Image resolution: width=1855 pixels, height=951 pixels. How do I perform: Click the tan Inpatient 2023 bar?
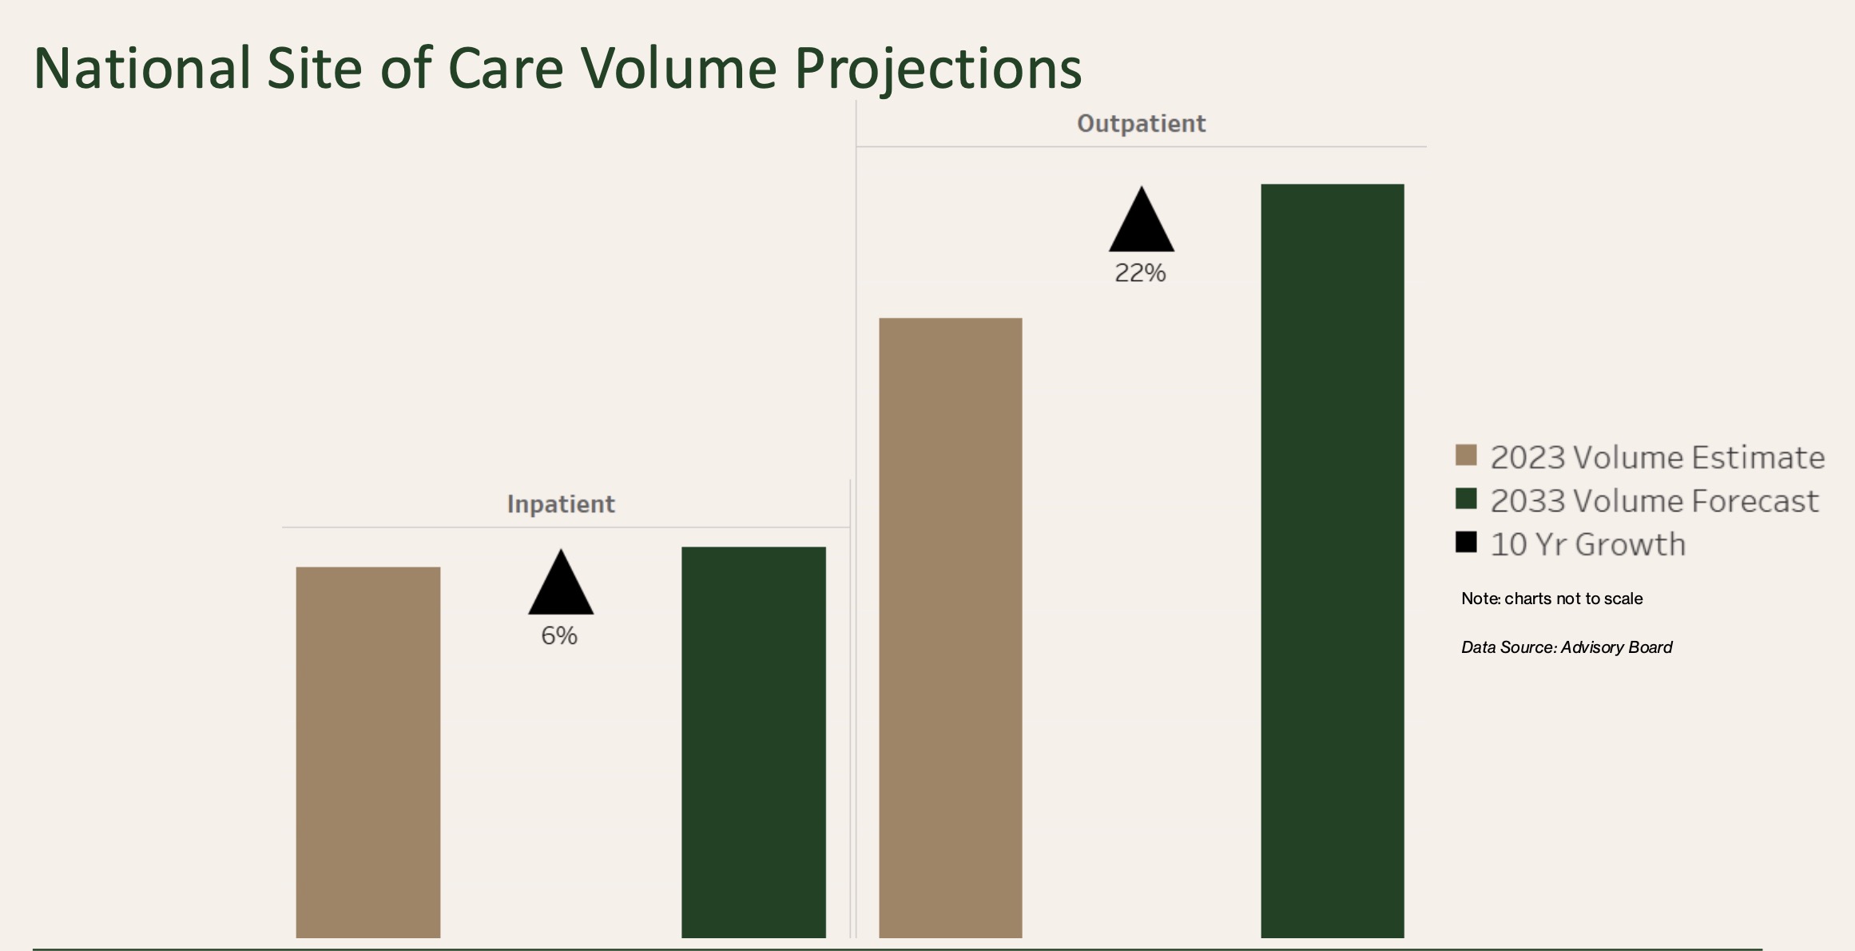[367, 751]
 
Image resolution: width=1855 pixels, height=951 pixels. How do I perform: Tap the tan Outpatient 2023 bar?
[950, 627]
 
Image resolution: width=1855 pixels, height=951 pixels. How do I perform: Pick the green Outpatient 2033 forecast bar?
[1332, 559]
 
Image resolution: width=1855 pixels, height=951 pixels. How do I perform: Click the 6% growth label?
[559, 636]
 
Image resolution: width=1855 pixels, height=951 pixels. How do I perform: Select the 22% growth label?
[1140, 273]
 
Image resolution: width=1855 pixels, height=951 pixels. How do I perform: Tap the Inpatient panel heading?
[561, 504]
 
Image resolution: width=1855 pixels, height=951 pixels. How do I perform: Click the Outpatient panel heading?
[1141, 124]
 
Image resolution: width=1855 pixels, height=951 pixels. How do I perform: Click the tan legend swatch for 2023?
[1466, 456]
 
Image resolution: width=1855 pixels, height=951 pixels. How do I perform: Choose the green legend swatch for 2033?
[1466, 499]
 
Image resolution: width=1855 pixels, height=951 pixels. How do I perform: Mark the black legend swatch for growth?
[1466, 542]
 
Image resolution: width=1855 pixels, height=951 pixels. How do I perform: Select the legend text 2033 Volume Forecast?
[1654, 501]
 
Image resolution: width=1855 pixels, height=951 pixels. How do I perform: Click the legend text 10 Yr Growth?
[1587, 544]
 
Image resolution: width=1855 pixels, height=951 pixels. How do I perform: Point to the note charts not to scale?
[1551, 599]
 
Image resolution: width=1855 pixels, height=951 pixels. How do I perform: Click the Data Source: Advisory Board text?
[1566, 647]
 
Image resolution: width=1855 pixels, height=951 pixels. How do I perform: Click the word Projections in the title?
[938, 70]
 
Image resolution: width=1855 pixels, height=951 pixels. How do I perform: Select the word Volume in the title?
[678, 68]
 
